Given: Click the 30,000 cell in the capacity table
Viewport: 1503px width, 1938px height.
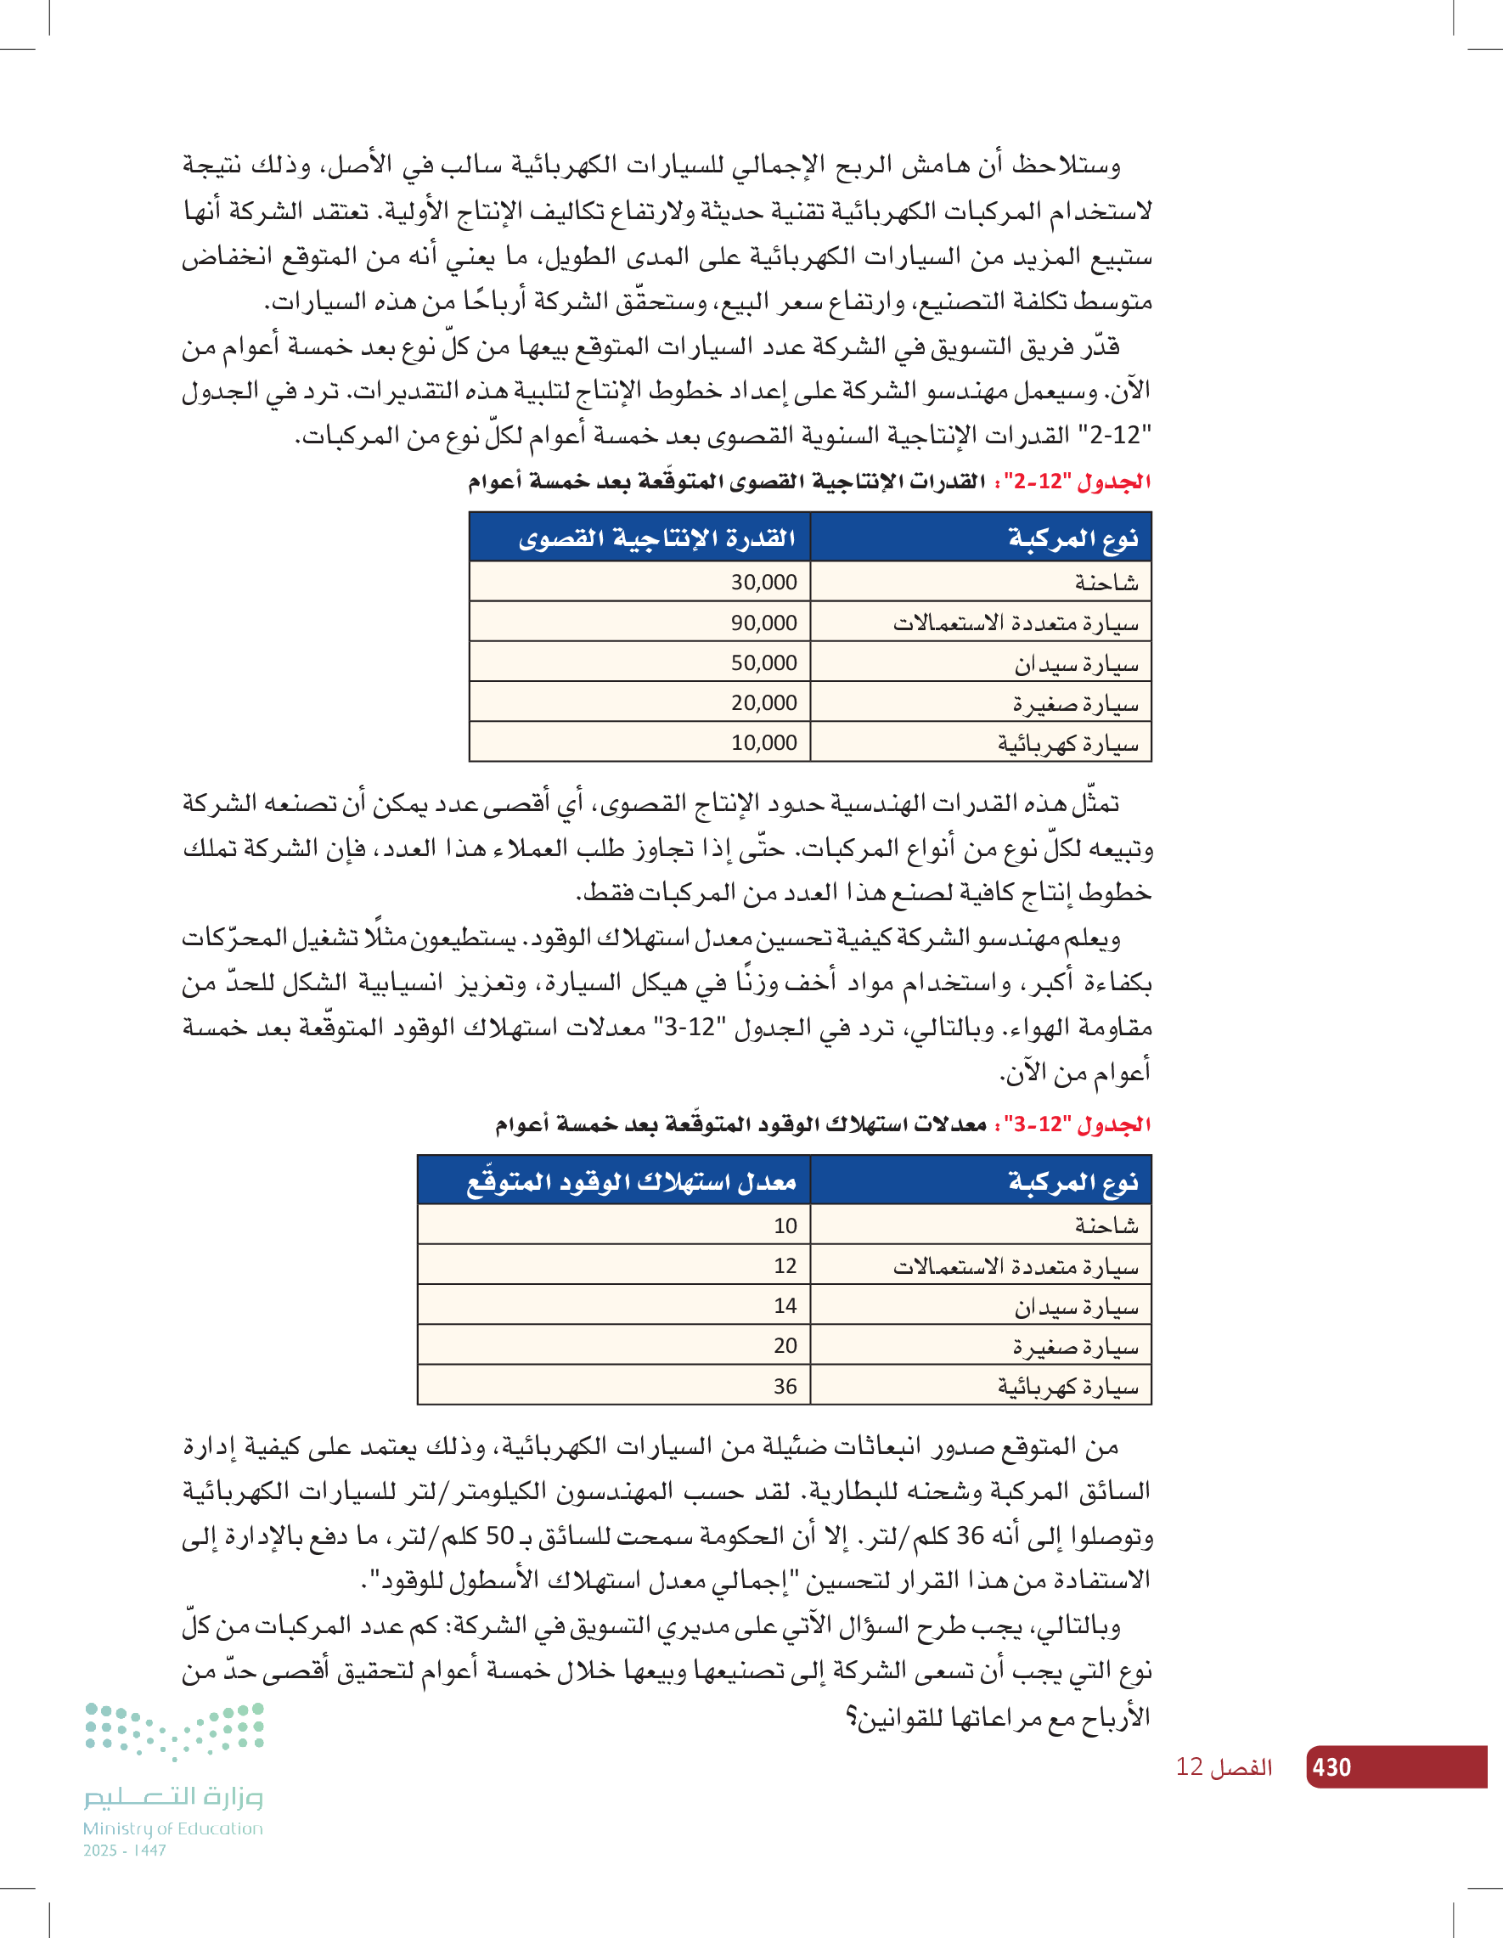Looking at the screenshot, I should click(763, 582).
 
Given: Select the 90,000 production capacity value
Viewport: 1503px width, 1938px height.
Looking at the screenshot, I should click(763, 623).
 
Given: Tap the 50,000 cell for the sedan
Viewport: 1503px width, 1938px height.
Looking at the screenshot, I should click(763, 663).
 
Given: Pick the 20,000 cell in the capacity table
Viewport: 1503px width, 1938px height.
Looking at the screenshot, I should click(763, 703).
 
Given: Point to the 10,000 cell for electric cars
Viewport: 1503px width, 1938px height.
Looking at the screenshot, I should click(763, 743).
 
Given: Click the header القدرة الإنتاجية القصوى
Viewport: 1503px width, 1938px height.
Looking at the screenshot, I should click(656, 538).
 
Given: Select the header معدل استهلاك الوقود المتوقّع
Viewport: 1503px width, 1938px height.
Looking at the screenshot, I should click(631, 1181).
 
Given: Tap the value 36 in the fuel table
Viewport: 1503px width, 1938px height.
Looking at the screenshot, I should click(785, 1386).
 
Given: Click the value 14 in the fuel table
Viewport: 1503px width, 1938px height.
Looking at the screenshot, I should click(785, 1305).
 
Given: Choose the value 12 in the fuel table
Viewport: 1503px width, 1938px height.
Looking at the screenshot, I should click(785, 1265).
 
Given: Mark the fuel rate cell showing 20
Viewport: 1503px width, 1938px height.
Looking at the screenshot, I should click(785, 1345).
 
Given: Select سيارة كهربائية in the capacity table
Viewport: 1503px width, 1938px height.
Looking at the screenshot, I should click(1067, 744).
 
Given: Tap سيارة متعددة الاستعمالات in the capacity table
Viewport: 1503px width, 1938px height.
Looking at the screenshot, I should click(1015, 623).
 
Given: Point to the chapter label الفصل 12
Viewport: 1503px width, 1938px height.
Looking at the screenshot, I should click(1224, 1766).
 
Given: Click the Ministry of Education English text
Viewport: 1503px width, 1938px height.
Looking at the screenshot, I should click(173, 1828).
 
